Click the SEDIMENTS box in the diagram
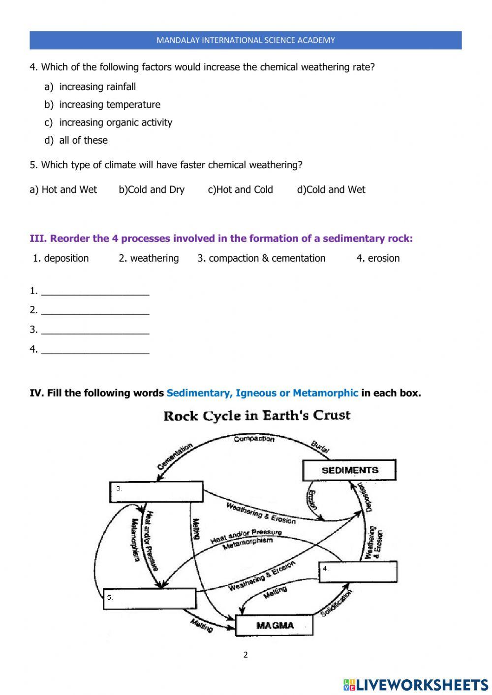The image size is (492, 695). point(349,470)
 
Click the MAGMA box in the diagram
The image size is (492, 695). point(275,626)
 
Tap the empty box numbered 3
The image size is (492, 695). point(156,492)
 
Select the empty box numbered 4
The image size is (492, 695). point(358,572)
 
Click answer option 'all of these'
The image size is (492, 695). point(83,140)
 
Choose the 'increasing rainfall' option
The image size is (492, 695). point(97,87)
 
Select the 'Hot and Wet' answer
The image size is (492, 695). point(69,190)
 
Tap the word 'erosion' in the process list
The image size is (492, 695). point(383,258)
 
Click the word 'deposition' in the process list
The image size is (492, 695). point(66,258)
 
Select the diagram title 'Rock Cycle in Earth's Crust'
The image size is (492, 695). point(256,416)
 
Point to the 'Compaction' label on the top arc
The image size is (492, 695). point(254,439)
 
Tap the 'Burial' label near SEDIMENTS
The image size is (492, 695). point(320,446)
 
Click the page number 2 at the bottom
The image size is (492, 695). point(246,655)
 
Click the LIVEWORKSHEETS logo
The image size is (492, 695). point(416,684)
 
